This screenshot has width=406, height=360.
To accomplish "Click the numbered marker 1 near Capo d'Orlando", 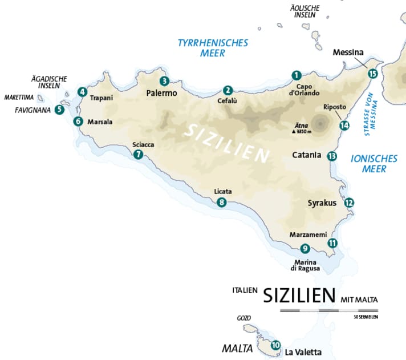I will tap(296, 75).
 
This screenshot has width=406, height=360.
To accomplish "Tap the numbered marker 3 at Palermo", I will tap(164, 80).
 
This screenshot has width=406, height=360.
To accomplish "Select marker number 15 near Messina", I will tap(373, 73).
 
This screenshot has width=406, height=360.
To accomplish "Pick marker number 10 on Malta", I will tap(276, 345).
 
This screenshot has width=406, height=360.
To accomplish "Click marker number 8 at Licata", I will tap(222, 202).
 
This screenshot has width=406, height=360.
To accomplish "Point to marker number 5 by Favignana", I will tap(59, 109).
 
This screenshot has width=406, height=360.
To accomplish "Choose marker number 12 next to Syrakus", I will tap(350, 202).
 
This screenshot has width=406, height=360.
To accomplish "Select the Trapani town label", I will tap(101, 98).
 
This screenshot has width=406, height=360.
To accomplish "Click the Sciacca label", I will tap(143, 144).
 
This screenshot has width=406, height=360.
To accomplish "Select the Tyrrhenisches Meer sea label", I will tap(213, 48).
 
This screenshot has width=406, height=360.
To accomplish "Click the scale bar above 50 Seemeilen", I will tap(329, 310).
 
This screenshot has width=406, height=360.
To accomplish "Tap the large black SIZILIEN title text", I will tap(299, 296).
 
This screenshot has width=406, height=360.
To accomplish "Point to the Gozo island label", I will tap(243, 318).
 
